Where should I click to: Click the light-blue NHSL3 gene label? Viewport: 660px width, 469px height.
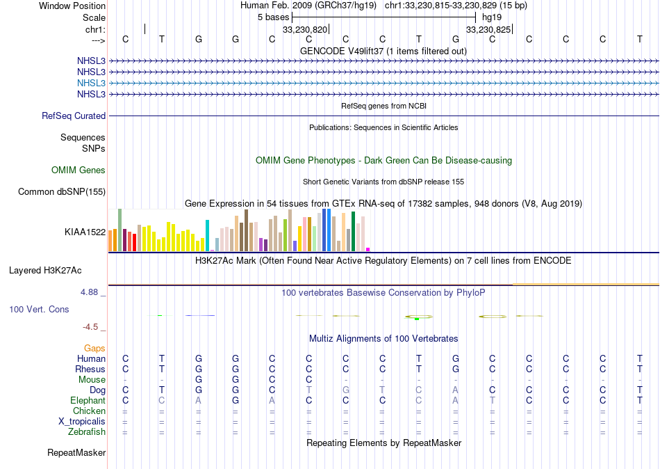91,83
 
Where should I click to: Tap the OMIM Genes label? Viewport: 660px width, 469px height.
78,170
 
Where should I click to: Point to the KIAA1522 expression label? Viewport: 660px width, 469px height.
85,232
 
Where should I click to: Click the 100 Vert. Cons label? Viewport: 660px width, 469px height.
39,309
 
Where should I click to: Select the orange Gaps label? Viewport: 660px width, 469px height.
94,348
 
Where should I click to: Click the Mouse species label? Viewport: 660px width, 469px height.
92,380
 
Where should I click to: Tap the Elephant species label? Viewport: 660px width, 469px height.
88,401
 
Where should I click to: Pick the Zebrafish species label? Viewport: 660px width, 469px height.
88,432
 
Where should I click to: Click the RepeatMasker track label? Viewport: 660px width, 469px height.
76,453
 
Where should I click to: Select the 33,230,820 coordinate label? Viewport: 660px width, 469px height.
304,30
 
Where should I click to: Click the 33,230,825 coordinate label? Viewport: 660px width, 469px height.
488,30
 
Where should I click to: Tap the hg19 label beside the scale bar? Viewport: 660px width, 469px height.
491,17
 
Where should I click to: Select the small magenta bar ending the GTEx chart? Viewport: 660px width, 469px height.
368,249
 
